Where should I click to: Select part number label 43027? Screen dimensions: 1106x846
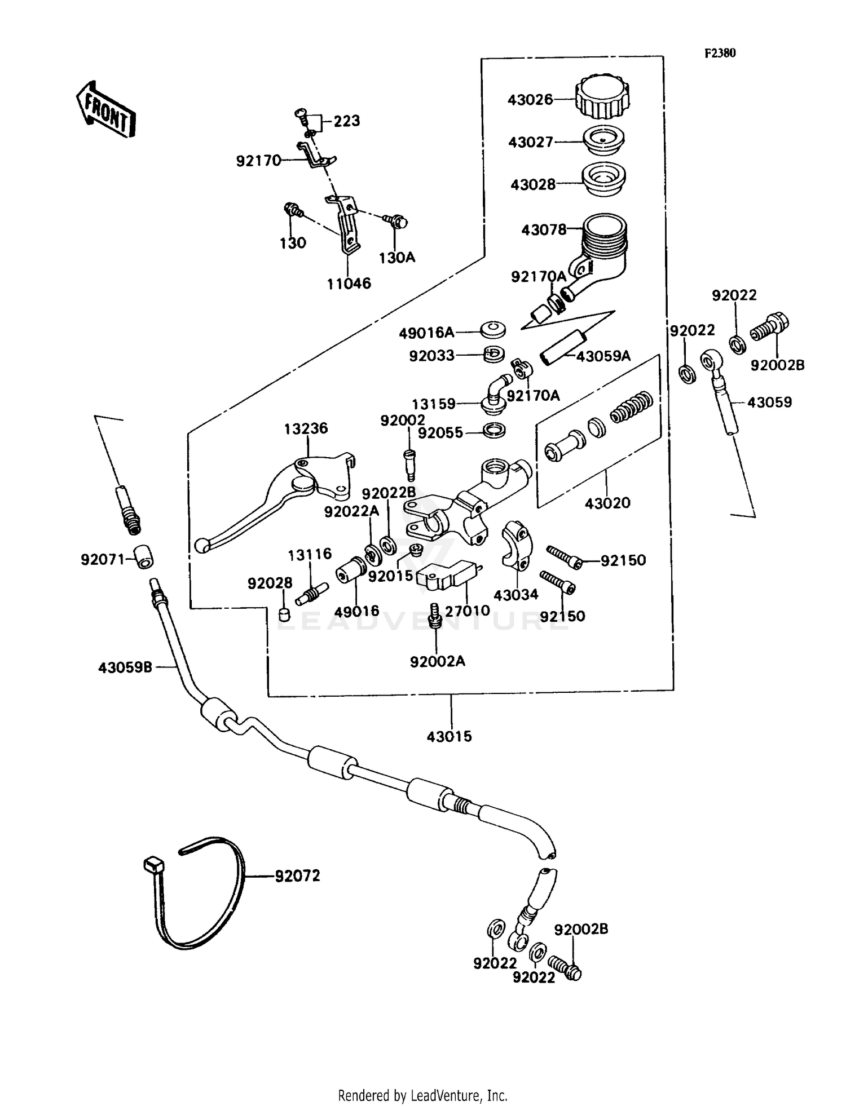coord(531,142)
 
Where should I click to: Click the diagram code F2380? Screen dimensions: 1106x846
coord(720,53)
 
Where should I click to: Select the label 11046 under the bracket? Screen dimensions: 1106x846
coord(349,284)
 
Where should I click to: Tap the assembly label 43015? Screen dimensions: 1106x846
coord(449,736)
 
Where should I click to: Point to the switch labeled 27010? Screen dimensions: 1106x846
coord(446,576)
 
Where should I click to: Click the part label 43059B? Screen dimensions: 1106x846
coord(125,667)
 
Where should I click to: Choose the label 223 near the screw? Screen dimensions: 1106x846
coord(346,121)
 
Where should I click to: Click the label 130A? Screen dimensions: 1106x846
coord(396,258)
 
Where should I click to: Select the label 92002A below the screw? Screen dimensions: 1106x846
coord(438,661)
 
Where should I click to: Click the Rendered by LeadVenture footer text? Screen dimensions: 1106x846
coord(422,1095)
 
